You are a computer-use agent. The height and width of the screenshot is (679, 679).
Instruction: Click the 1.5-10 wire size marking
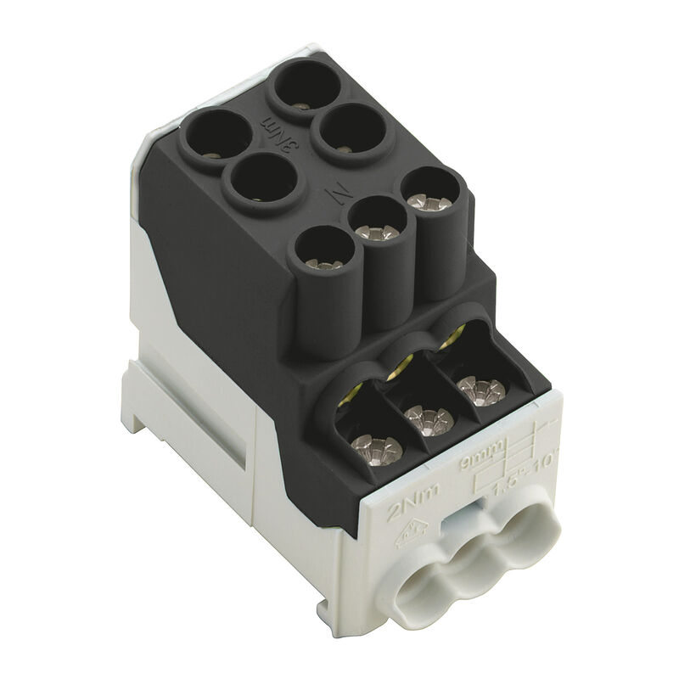click(509, 475)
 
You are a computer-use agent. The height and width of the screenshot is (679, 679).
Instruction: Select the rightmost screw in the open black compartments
click(482, 390)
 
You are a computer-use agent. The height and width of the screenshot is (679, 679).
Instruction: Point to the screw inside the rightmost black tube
click(429, 202)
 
